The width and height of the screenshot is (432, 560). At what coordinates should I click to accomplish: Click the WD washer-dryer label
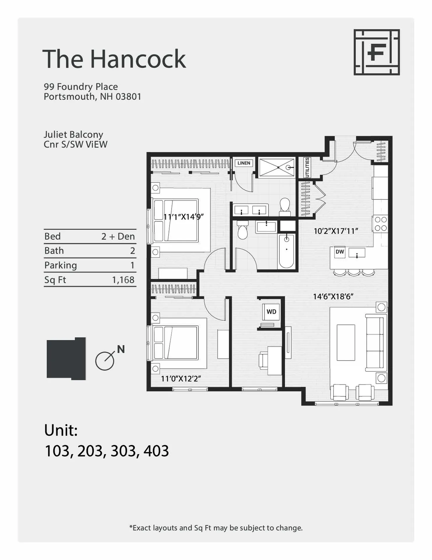click(x=271, y=311)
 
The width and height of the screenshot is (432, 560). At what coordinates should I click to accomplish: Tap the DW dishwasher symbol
click(x=340, y=252)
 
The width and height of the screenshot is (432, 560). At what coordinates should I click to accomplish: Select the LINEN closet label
click(x=244, y=163)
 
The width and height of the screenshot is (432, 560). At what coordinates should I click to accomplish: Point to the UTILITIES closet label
click(x=307, y=167)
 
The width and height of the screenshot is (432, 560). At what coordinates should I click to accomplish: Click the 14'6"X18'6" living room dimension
click(x=333, y=297)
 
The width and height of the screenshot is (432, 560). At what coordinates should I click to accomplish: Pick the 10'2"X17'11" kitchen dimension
click(x=336, y=231)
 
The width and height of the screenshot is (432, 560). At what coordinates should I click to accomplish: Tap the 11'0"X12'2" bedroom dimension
click(x=181, y=379)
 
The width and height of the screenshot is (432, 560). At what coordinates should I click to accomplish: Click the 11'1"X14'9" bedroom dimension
click(x=183, y=217)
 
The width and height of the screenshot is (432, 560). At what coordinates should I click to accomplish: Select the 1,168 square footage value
click(x=123, y=280)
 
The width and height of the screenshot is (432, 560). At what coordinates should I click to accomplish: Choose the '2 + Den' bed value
click(x=118, y=236)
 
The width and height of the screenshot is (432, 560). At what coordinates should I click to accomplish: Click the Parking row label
click(x=61, y=265)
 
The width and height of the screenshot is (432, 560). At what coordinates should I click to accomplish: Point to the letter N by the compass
click(x=121, y=349)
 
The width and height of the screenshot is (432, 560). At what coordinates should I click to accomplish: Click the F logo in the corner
click(x=376, y=52)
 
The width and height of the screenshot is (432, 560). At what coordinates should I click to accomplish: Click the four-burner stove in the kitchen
click(x=381, y=224)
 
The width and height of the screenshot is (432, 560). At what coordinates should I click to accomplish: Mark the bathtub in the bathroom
click(x=286, y=251)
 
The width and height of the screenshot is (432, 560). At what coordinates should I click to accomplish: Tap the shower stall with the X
click(x=277, y=167)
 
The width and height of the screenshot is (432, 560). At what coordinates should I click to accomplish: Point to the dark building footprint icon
click(x=66, y=359)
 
